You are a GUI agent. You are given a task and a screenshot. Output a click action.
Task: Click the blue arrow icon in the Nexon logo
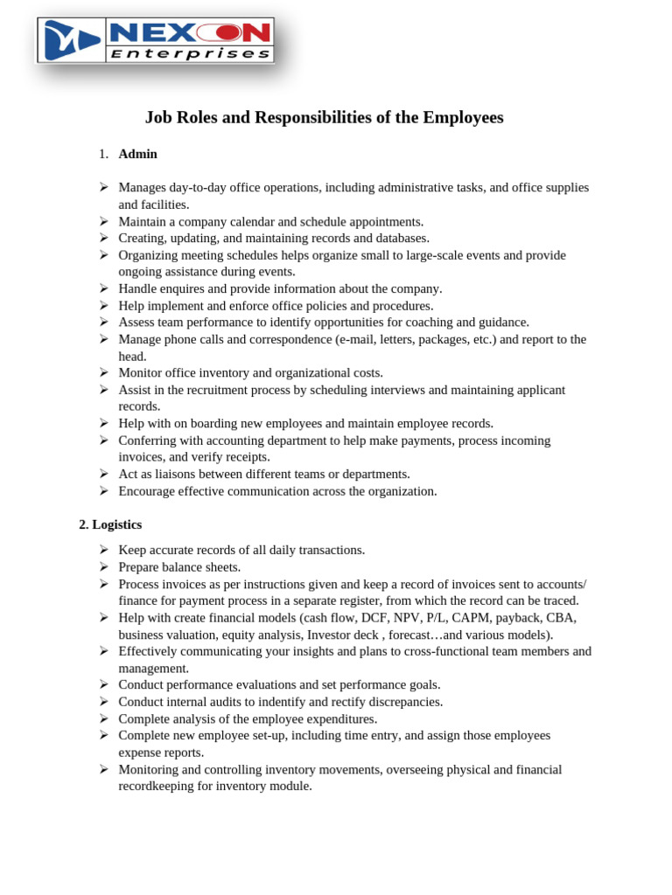coord(72,40)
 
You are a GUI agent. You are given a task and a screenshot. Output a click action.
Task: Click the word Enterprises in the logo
coord(190,53)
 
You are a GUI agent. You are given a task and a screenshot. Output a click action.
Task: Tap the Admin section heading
coord(138,154)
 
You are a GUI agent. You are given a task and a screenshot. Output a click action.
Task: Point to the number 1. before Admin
coord(103,154)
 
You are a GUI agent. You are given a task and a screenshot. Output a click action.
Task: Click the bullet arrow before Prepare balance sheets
coord(103,566)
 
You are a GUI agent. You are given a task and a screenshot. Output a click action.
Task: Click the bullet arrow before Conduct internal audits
coord(103,702)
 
